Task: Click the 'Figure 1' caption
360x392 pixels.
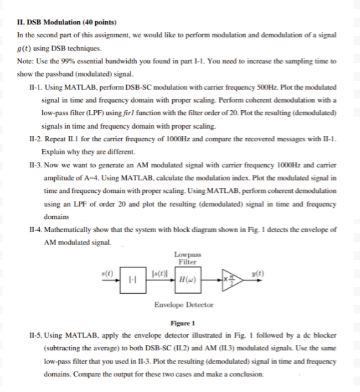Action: pos(183,324)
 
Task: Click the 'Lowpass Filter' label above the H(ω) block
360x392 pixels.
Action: pos(185,258)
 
